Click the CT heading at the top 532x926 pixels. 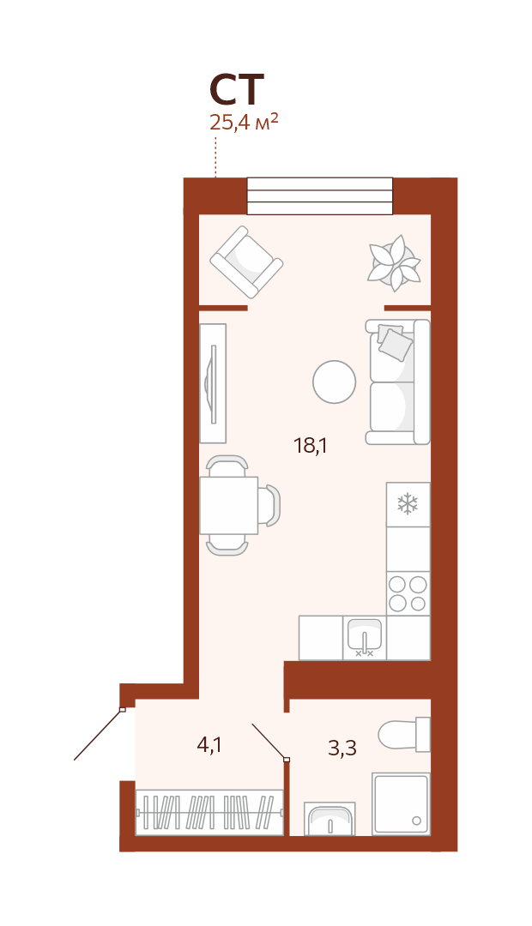pos(237,89)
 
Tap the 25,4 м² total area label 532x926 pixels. pos(244,123)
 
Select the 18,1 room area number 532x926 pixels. pos(311,445)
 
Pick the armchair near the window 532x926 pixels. pos(246,262)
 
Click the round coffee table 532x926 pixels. pos(335,382)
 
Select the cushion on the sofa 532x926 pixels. pos(394,344)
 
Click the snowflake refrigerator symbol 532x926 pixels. pos(408,504)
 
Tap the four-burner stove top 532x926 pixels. pos(408,593)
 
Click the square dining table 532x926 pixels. pos(229,505)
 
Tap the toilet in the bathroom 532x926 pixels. pos(405,735)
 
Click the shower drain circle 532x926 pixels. pos(416,821)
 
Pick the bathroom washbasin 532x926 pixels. pos(329,819)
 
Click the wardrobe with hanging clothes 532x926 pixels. pos(210,812)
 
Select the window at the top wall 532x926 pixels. pos(320,196)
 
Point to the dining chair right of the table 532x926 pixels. pos(270,506)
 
